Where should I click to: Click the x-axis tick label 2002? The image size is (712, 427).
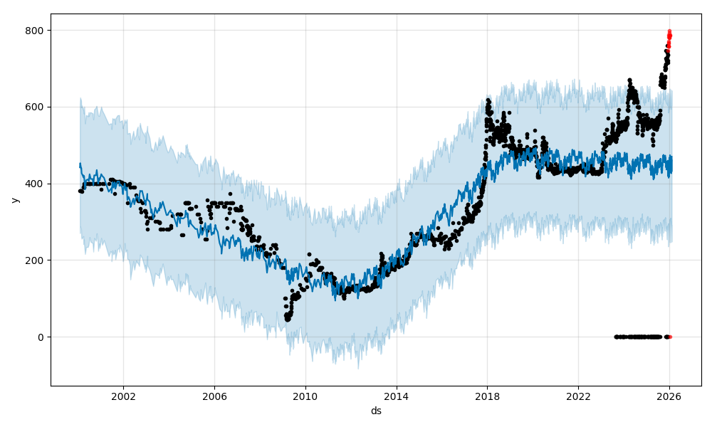pos(123,396)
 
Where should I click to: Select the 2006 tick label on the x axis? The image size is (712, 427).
pos(214,396)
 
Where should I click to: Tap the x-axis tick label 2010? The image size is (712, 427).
pos(305,396)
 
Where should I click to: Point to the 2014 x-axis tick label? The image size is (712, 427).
pos(397,396)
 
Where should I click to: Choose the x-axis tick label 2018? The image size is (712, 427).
pos(487,396)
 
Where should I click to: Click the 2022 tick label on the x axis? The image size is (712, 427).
pos(578,396)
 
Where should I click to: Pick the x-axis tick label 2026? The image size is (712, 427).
pos(669,396)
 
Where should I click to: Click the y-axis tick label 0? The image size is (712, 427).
pos(41,337)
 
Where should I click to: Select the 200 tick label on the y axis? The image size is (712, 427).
pos(36,260)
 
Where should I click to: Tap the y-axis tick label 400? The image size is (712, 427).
pos(36,184)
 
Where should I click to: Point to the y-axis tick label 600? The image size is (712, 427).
pos(36,107)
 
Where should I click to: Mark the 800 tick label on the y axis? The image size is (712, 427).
pos(36,30)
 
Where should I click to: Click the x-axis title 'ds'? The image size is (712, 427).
pos(376,411)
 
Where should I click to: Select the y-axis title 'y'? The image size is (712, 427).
pos(15,200)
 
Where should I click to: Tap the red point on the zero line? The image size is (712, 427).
pos(670,337)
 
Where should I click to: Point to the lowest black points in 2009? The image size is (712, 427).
pos(288,318)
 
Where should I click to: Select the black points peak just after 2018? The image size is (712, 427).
pos(488,101)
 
